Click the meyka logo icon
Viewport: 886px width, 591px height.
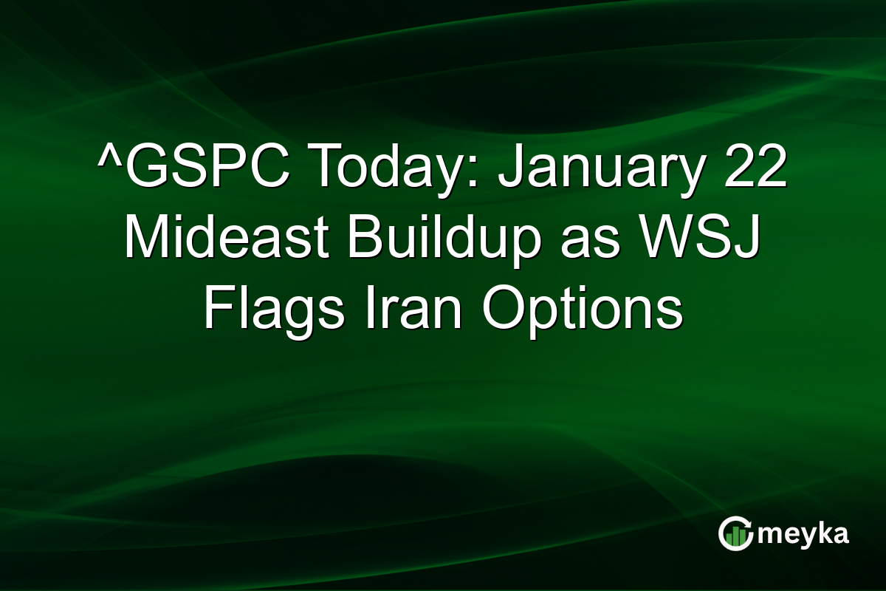pyautogui.click(x=735, y=534)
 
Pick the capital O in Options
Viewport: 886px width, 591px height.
pyautogui.click(x=504, y=310)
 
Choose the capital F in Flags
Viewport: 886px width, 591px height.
pyautogui.click(x=216, y=310)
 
